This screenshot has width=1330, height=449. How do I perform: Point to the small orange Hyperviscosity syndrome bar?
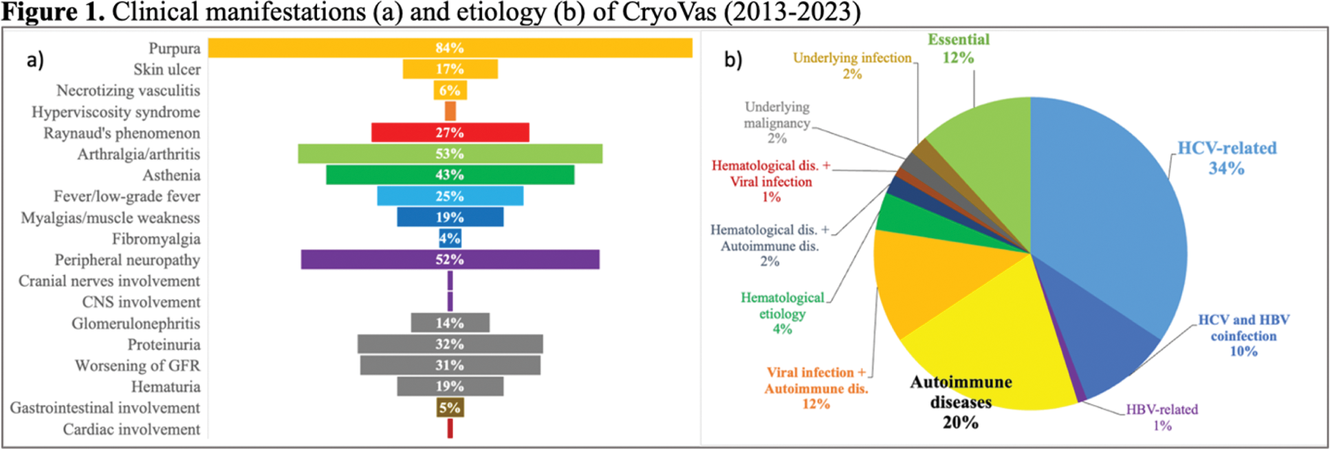450,111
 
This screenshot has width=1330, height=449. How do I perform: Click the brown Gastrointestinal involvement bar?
450,408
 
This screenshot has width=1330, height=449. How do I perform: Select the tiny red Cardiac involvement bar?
450,429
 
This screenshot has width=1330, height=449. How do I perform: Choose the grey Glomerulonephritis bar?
426,323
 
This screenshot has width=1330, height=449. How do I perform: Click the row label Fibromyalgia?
156,239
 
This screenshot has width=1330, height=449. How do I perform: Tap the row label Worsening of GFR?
138,366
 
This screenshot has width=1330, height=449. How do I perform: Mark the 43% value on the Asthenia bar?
450,175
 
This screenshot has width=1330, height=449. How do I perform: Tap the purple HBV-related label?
1162,417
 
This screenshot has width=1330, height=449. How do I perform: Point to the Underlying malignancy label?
777,123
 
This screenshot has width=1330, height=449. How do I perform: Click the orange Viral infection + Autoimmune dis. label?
816,388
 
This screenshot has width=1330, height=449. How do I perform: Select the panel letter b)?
733,60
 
